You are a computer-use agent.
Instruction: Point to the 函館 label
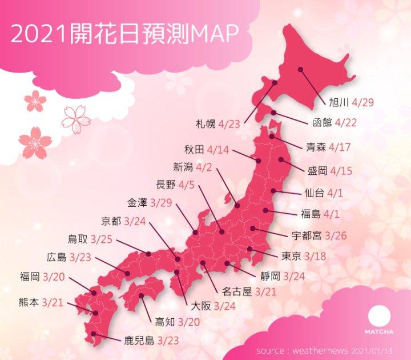pos(322,122)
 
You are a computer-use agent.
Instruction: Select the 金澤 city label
pos(138,202)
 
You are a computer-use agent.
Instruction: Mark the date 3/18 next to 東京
pos(315,256)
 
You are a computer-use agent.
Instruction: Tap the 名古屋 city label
pos(236,292)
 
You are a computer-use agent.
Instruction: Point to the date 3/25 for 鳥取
pos(102,239)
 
